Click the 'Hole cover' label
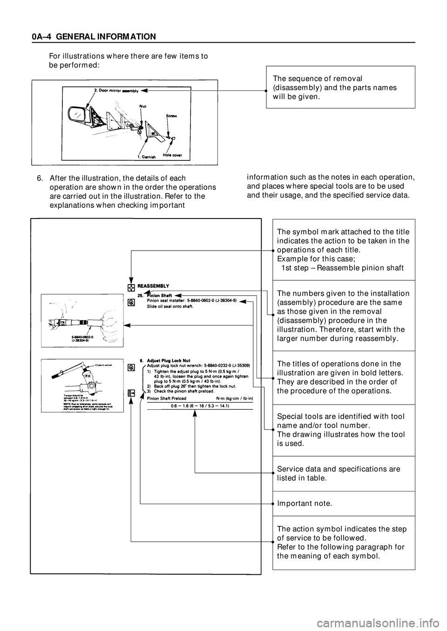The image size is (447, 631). click(172, 154)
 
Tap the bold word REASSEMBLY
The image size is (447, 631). click(153, 286)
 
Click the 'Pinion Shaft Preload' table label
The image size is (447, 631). click(167, 398)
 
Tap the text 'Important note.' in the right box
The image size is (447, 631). click(305, 504)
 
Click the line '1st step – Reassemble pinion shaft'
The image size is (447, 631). click(342, 268)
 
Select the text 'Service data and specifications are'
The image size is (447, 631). click(339, 469)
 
